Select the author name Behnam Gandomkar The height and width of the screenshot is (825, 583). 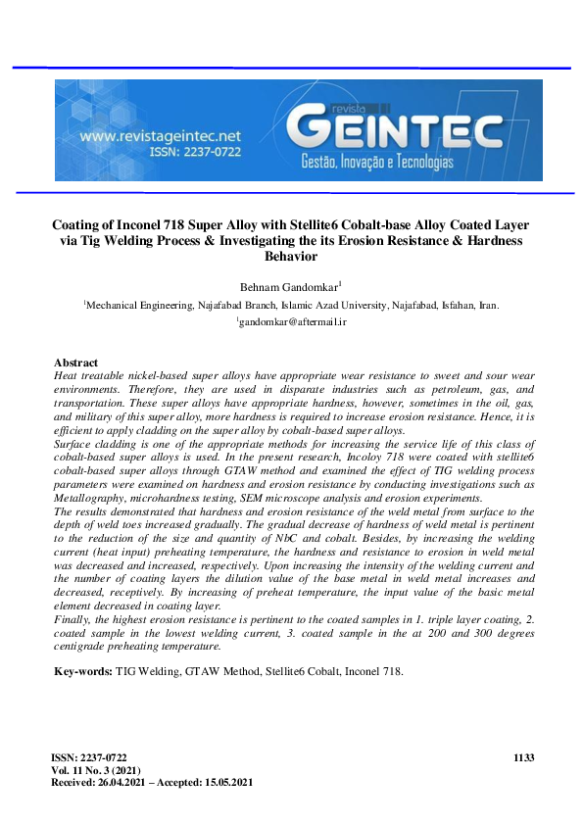point(290,286)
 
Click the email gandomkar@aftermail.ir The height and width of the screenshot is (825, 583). point(292,321)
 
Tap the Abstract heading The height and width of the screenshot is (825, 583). point(76,363)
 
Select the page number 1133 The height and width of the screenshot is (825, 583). point(524,758)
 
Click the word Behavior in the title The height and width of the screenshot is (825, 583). point(291,256)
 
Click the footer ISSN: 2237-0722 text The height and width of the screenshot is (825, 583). point(89,758)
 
